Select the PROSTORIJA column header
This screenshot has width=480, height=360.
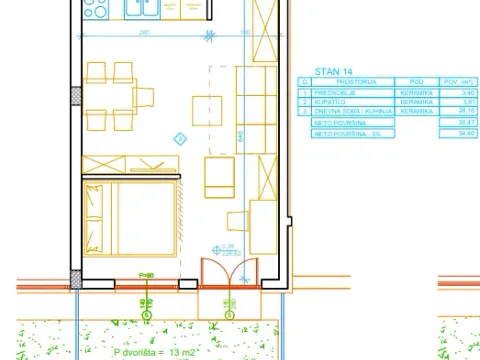tap(345, 81)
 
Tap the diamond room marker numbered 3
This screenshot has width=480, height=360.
tap(180, 137)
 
